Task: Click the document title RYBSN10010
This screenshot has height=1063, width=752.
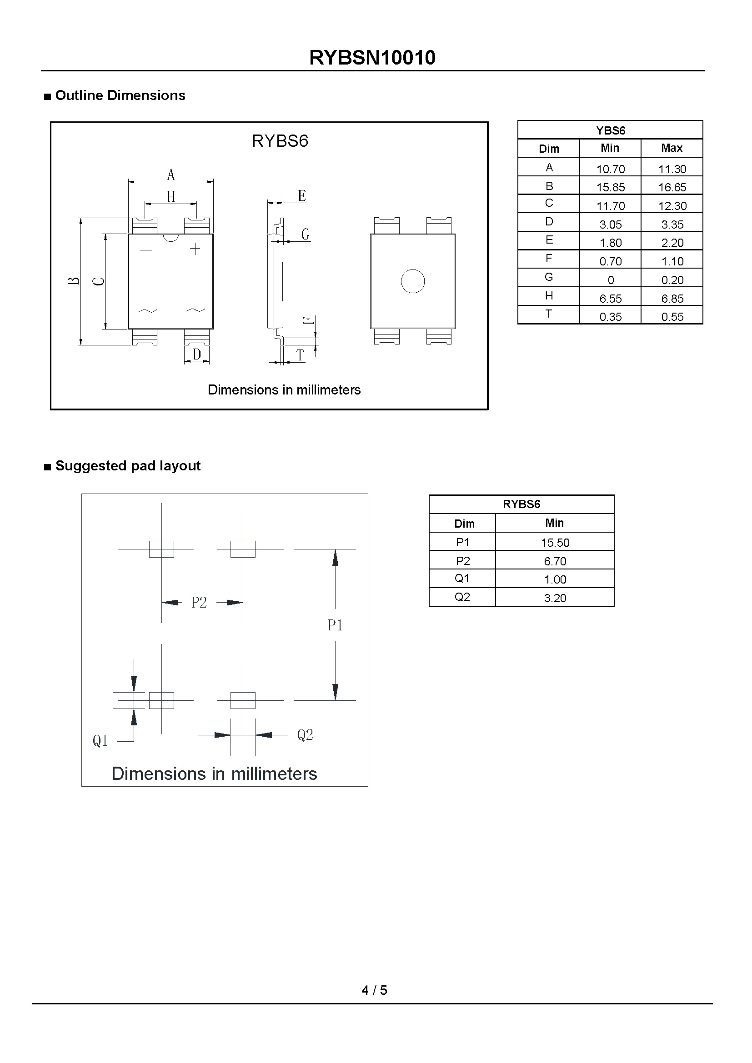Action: point(372,58)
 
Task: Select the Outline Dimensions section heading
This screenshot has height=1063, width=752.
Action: point(120,95)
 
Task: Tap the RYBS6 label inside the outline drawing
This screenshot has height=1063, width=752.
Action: point(280,141)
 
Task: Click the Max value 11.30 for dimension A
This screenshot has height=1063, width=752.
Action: point(672,169)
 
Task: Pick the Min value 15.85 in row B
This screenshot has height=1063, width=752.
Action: point(610,187)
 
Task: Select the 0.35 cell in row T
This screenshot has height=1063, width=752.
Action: point(610,317)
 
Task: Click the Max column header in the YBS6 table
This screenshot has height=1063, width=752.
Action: point(672,148)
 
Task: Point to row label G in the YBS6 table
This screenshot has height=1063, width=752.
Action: point(549,277)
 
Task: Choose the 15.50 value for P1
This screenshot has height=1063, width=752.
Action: point(555,542)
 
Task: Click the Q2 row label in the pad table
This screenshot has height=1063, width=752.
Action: point(462,597)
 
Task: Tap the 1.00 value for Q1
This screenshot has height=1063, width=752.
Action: point(555,579)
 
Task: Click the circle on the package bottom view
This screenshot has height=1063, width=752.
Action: point(412,281)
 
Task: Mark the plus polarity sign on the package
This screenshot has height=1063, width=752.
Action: point(195,249)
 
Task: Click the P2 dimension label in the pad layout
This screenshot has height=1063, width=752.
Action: point(199,602)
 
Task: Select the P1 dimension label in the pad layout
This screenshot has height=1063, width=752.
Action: point(335,625)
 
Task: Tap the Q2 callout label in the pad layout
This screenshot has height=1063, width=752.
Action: point(305,734)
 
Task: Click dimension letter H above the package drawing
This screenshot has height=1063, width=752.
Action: point(171,197)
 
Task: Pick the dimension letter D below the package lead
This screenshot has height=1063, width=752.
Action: point(197,354)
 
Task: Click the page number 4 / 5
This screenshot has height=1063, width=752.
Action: point(374,990)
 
